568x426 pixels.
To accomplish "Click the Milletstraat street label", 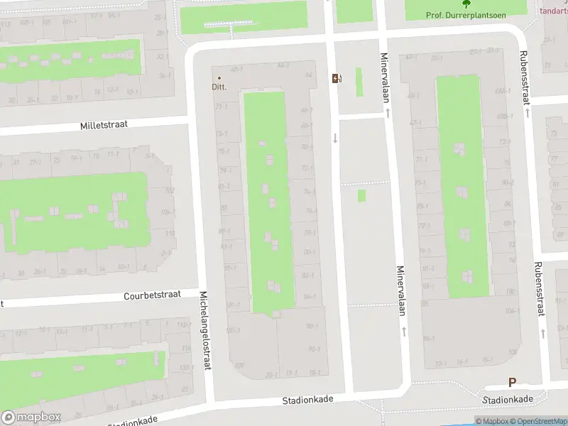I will (104, 124).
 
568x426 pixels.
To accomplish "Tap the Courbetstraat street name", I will (152, 294).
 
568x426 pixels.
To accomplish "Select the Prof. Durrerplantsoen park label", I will (465, 15).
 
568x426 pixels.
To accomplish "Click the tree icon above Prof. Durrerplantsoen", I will (466, 4).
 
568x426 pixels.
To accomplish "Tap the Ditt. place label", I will (219, 87).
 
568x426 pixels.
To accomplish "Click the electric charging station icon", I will (337, 78).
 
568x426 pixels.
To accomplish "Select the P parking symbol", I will (512, 382).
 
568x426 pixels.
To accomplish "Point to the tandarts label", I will (554, 11).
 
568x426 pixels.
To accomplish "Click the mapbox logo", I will (31, 417).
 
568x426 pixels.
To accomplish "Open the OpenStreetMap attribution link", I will (540, 421).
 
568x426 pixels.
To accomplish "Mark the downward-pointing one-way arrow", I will (335, 138).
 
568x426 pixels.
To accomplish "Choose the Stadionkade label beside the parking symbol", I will (508, 400).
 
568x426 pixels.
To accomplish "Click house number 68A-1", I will (503, 90).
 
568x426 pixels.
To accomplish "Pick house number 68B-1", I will (505, 116).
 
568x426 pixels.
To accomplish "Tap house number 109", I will (239, 366).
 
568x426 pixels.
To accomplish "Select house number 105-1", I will (233, 330).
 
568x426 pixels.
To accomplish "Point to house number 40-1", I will (237, 69).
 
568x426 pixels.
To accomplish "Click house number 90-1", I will (314, 349).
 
